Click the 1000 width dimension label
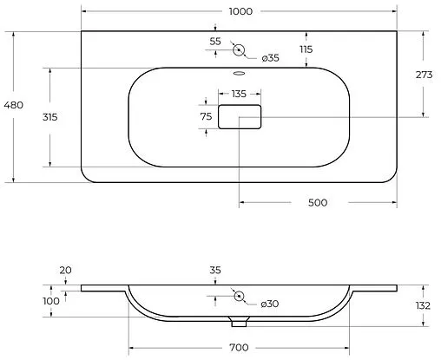coord(240,11)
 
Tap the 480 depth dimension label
coord(14,105)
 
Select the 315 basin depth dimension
coord(50,117)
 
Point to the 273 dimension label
coord(424,75)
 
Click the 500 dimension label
coord(318,202)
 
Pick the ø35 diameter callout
coord(271,58)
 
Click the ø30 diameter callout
coord(270,304)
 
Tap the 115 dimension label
coord(306,49)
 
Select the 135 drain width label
coord(239,94)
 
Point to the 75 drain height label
coord(206,116)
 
